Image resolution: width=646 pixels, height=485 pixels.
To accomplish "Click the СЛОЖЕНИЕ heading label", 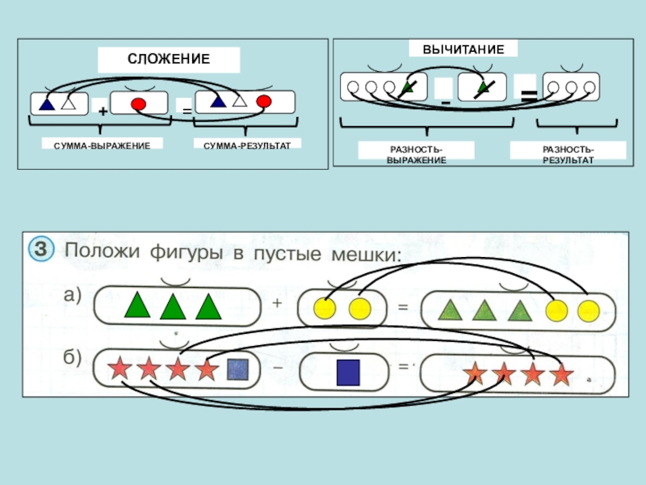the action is pos(169,59).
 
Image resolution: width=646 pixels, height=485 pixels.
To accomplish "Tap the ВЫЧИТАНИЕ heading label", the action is pos(463,49).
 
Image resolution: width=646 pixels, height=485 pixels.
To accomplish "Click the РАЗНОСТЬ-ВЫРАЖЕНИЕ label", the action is pos(417,154).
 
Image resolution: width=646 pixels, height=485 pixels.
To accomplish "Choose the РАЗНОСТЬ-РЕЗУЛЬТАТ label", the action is pos(568,154).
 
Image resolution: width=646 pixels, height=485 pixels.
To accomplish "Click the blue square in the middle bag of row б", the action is pos(347,372).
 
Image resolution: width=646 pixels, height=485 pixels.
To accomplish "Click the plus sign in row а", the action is pos(277,304).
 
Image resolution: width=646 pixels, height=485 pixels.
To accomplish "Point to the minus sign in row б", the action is pos(277,368).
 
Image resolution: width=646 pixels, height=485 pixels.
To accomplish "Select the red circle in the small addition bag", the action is pos(138,103).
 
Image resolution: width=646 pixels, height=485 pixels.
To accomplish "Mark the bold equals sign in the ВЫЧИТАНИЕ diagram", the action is pos(528,96).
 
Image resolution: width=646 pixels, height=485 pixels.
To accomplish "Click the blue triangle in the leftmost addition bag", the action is pos(47,103).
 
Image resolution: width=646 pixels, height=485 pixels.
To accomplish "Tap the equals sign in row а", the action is pos(402,307).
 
